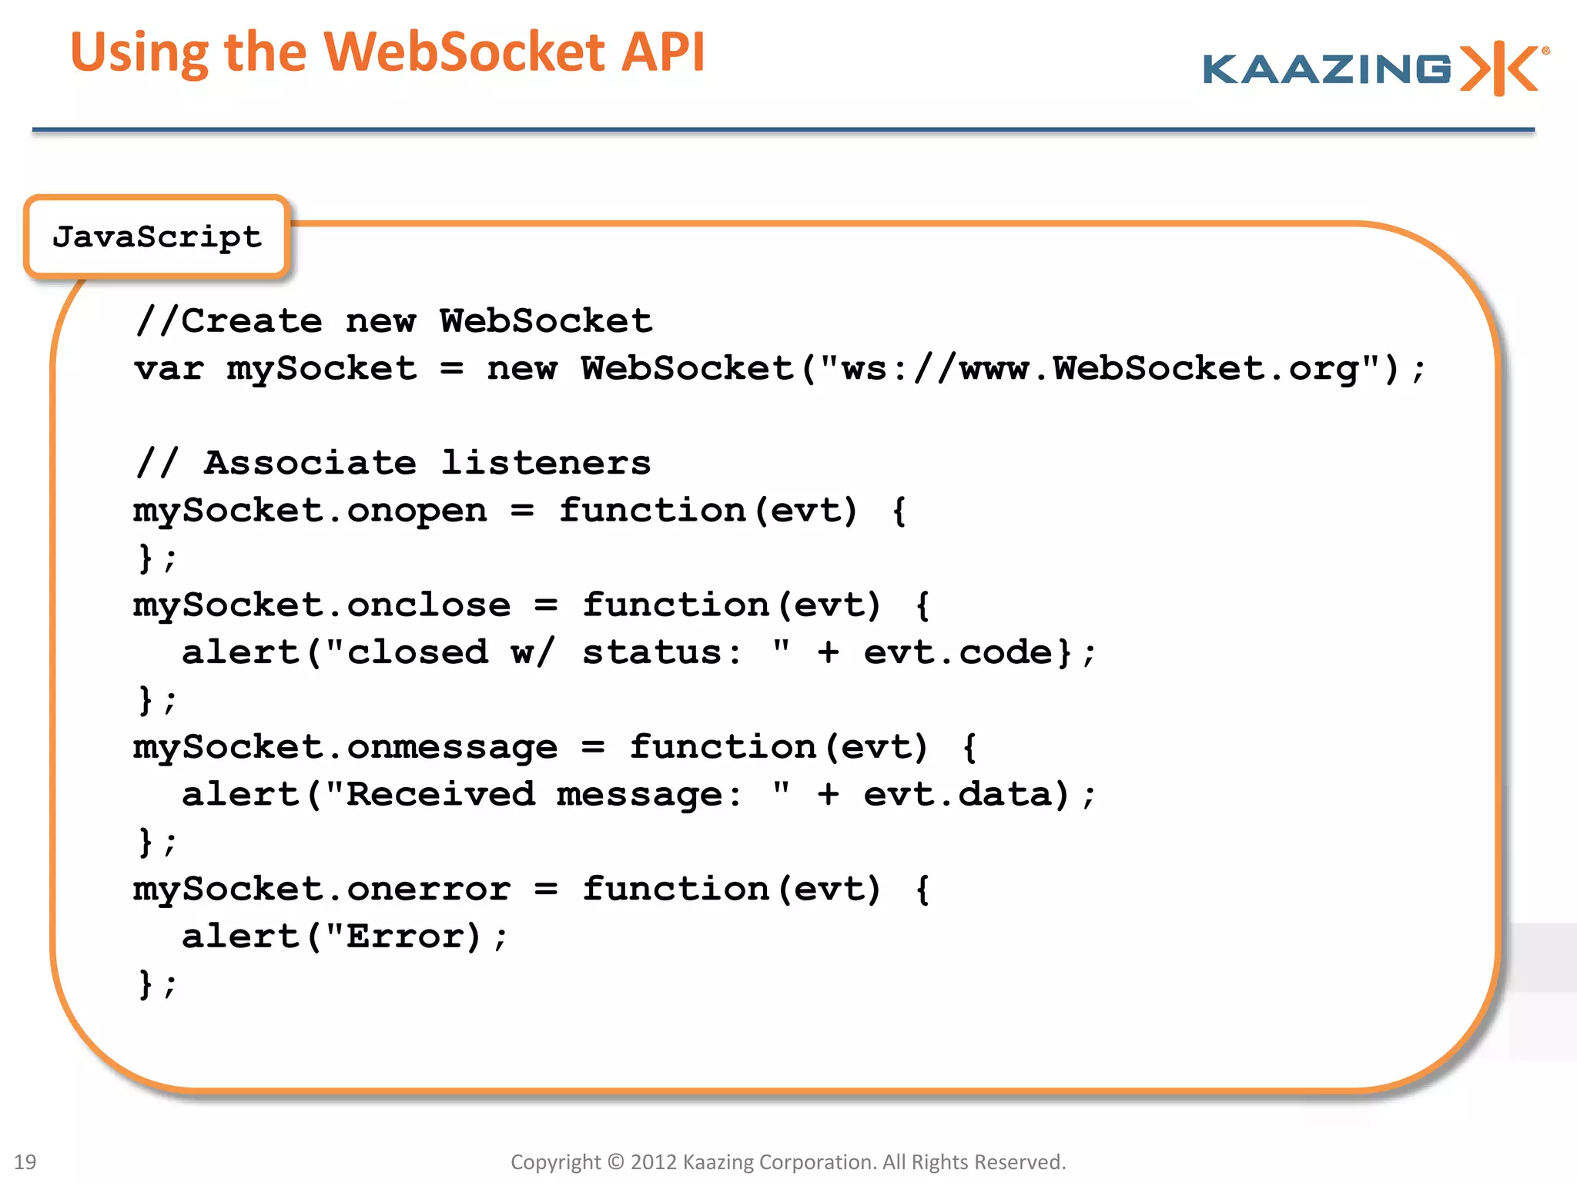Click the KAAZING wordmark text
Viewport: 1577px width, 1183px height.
tap(1326, 69)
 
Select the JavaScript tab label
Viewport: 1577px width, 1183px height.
tap(157, 236)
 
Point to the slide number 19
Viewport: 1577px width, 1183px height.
tap(25, 1161)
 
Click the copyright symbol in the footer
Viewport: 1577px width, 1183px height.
tap(615, 1161)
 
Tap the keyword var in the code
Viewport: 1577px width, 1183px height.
tap(169, 369)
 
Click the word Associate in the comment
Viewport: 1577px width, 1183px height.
tap(310, 464)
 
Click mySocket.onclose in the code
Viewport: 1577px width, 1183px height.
tap(321, 606)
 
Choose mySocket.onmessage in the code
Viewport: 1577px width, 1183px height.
tap(345, 748)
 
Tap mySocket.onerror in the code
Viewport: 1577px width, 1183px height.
tap(321, 890)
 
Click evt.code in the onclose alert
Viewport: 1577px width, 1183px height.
tap(957, 653)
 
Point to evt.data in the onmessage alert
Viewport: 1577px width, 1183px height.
tap(957, 795)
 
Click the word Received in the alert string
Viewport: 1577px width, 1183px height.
tap(440, 795)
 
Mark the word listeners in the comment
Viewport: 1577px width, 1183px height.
tap(546, 464)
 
